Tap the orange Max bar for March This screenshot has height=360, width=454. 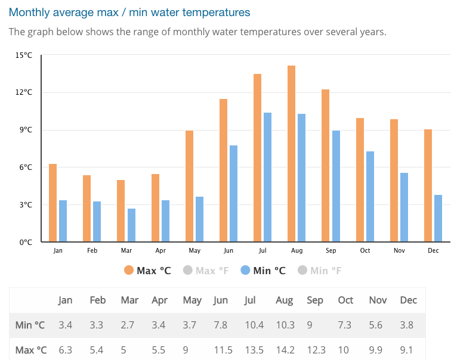pos(121,211)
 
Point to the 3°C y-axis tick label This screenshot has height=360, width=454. pos(25,205)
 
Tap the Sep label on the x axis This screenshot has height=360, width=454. pos(331,251)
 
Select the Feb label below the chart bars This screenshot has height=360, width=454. pos(92,251)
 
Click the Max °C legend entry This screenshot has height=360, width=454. pos(147,271)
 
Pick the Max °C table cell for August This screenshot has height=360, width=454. pos(285,350)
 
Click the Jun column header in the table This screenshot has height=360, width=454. pos(221,300)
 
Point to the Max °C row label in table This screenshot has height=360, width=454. pos(30,350)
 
